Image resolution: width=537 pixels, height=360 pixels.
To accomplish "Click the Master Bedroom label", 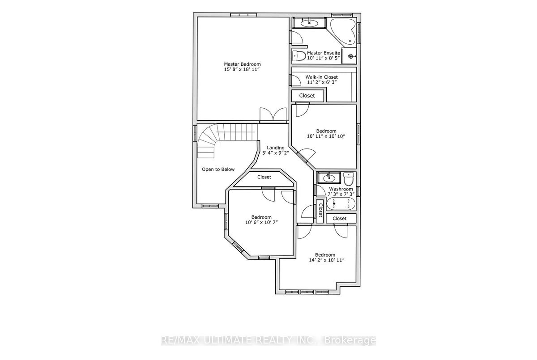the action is click(x=242, y=64).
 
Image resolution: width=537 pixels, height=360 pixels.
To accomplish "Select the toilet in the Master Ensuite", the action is click(x=299, y=56).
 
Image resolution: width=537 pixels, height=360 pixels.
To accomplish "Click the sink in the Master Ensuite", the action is click(x=309, y=23).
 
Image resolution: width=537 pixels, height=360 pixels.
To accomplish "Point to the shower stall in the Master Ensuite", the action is click(x=349, y=56).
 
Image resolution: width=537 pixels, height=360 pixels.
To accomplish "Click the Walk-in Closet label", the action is click(x=321, y=77).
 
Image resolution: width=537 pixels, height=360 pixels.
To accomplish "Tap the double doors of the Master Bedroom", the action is click(x=273, y=114).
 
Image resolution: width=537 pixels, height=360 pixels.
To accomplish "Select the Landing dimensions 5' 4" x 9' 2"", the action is click(x=276, y=153).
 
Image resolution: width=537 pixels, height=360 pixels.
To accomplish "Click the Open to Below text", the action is click(x=218, y=169).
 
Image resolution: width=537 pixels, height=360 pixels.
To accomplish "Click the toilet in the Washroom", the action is click(x=349, y=179).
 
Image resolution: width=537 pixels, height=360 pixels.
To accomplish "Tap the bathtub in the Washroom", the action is click(x=341, y=204).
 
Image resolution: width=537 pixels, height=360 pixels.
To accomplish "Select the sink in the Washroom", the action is click(x=329, y=178).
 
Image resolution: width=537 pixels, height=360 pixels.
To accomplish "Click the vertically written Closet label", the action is click(x=320, y=212).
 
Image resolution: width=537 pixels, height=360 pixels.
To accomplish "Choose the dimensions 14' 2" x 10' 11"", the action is click(x=327, y=260).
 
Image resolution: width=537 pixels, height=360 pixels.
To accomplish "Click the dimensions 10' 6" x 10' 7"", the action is click(x=261, y=222).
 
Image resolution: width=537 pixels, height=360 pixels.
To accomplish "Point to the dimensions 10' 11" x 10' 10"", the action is click(x=326, y=136).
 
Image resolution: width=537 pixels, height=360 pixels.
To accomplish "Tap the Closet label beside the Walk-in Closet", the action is click(x=307, y=96).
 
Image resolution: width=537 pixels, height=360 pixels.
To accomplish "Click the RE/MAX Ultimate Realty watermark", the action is click(x=268, y=341).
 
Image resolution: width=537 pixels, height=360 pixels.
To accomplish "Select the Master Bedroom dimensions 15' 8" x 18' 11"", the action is click(x=242, y=69).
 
